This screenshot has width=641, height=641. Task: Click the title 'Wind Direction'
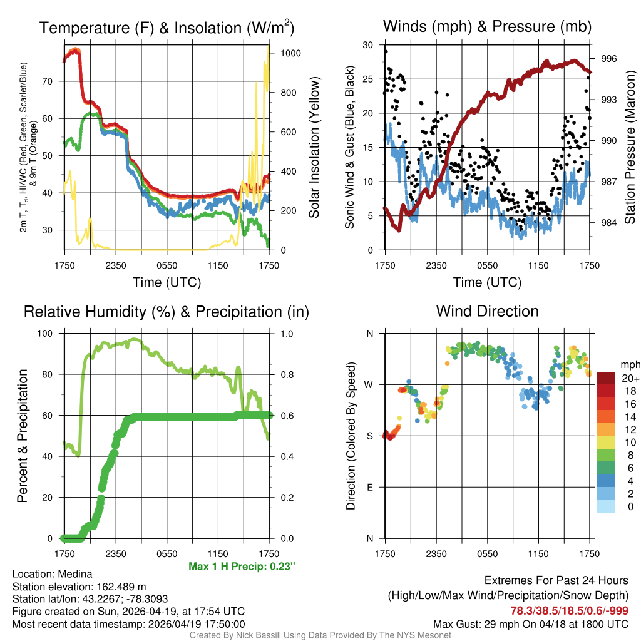(487, 311)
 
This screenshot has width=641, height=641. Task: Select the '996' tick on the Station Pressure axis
(609, 59)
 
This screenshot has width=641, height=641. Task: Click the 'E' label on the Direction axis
(370, 487)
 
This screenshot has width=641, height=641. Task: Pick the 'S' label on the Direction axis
(370, 436)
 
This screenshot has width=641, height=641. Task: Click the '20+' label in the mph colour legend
(630, 378)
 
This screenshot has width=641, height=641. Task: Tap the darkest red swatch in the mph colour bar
(606, 378)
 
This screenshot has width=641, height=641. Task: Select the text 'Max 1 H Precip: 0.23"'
(242, 567)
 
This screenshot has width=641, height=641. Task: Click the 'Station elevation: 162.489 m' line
(79, 587)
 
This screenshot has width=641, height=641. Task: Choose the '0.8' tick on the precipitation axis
(287, 375)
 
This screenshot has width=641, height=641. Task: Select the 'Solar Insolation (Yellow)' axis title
(314, 148)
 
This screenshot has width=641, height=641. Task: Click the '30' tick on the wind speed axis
(368, 45)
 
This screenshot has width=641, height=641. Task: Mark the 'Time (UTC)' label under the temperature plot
(167, 283)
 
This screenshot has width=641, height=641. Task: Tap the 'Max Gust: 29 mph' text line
(531, 624)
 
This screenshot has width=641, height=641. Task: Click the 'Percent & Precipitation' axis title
(22, 436)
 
